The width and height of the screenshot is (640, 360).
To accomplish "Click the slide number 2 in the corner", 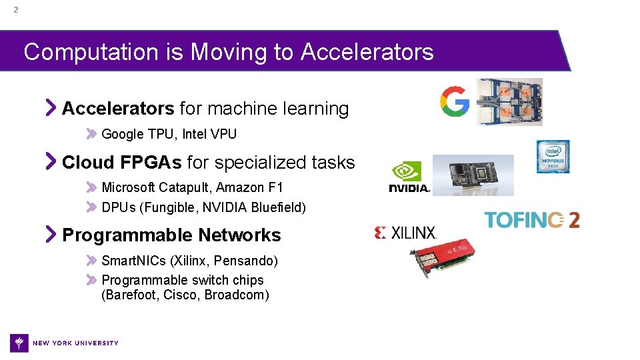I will point(16,10).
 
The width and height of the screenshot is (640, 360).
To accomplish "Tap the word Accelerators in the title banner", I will point(367,51).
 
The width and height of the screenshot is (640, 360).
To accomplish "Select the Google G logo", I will point(454,102).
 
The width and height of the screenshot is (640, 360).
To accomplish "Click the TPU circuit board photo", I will point(509,102).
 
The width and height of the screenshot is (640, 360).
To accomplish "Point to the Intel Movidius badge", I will point(553,157).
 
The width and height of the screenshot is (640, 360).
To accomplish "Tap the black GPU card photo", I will point(473,175).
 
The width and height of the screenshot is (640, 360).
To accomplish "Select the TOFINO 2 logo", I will point(531,220).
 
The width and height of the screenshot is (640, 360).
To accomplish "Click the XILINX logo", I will point(405,233).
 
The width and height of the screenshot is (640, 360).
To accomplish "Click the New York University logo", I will point(64,343).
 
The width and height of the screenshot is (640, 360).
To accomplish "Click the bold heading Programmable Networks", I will point(171,235).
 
